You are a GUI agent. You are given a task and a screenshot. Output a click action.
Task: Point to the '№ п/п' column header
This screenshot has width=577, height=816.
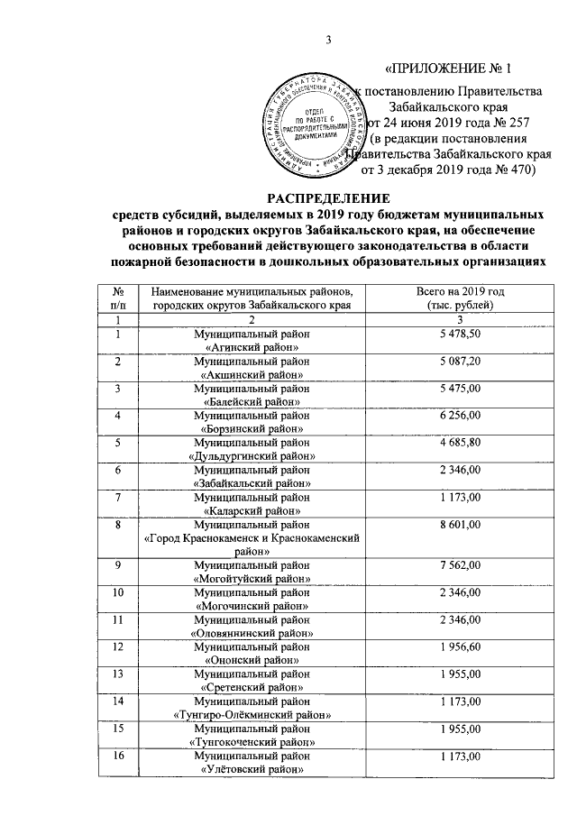[117, 298]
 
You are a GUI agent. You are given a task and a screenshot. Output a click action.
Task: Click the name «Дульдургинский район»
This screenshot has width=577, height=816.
[252, 456]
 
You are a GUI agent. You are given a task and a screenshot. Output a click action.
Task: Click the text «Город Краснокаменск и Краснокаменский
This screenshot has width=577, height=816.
[252, 536]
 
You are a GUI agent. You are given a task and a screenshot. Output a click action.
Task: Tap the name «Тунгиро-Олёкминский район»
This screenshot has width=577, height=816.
[252, 714]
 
